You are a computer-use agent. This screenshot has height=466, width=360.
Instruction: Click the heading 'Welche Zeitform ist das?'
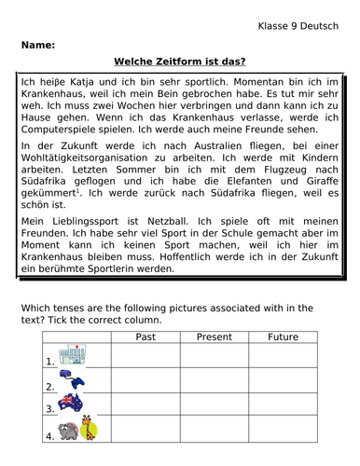coord(179,62)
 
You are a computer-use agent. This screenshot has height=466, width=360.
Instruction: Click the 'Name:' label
coord(35,44)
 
